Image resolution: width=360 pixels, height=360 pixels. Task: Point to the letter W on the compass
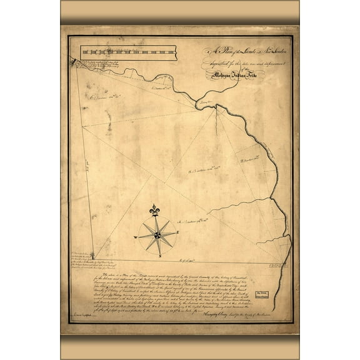[135, 237]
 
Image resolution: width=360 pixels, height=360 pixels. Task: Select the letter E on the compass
[178, 232]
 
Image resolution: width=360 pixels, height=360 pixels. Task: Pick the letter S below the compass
[159, 255]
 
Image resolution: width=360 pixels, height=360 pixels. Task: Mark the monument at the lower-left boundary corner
[95, 256]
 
